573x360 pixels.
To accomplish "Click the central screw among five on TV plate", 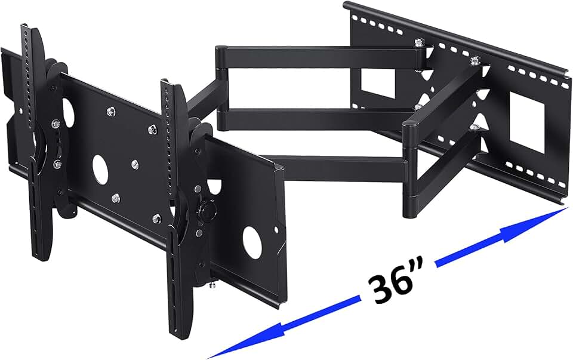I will pyautogui.click(x=135, y=163).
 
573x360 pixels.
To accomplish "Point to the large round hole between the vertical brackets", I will pyautogui.click(x=100, y=168).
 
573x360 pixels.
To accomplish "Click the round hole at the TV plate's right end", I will pyautogui.click(x=252, y=242).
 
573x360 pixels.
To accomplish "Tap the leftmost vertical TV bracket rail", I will pyautogui.click(x=30, y=143).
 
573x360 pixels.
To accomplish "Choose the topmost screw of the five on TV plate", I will pyautogui.click(x=111, y=111).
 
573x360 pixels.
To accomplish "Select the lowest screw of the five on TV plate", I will pyautogui.click(x=156, y=219).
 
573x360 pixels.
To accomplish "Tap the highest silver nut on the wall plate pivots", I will pyautogui.click(x=420, y=44).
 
